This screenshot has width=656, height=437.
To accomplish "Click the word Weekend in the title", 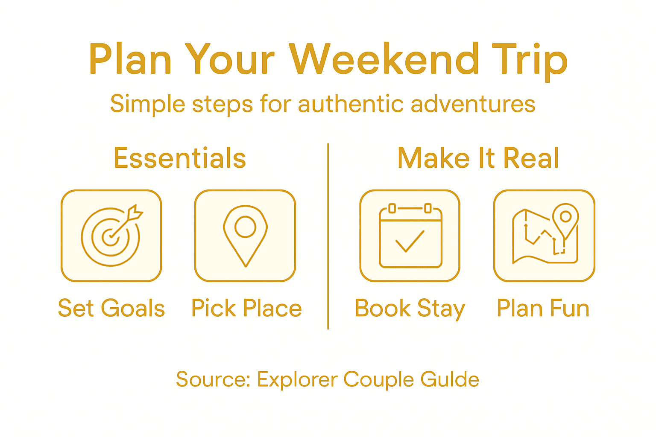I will [x=384, y=59].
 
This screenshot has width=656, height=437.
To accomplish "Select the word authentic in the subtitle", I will [x=351, y=104].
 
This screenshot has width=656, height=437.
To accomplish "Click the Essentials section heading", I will [x=180, y=158].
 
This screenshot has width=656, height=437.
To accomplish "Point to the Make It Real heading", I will [x=478, y=158].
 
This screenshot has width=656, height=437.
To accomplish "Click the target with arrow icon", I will [x=111, y=236].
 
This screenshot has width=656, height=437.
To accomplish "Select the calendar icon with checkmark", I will [x=410, y=236].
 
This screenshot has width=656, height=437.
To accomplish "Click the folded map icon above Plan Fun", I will [x=545, y=236].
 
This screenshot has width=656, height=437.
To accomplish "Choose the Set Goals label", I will [x=111, y=308].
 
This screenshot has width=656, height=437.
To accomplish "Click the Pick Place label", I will [x=246, y=308].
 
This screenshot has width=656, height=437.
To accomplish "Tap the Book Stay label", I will [x=410, y=308].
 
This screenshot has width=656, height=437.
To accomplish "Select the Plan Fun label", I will [x=543, y=308].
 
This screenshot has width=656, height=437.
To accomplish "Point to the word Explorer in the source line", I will [x=297, y=379].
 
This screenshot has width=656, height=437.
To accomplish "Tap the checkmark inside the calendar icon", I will [x=410, y=242].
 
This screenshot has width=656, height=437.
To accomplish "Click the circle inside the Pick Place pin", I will [x=245, y=227].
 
